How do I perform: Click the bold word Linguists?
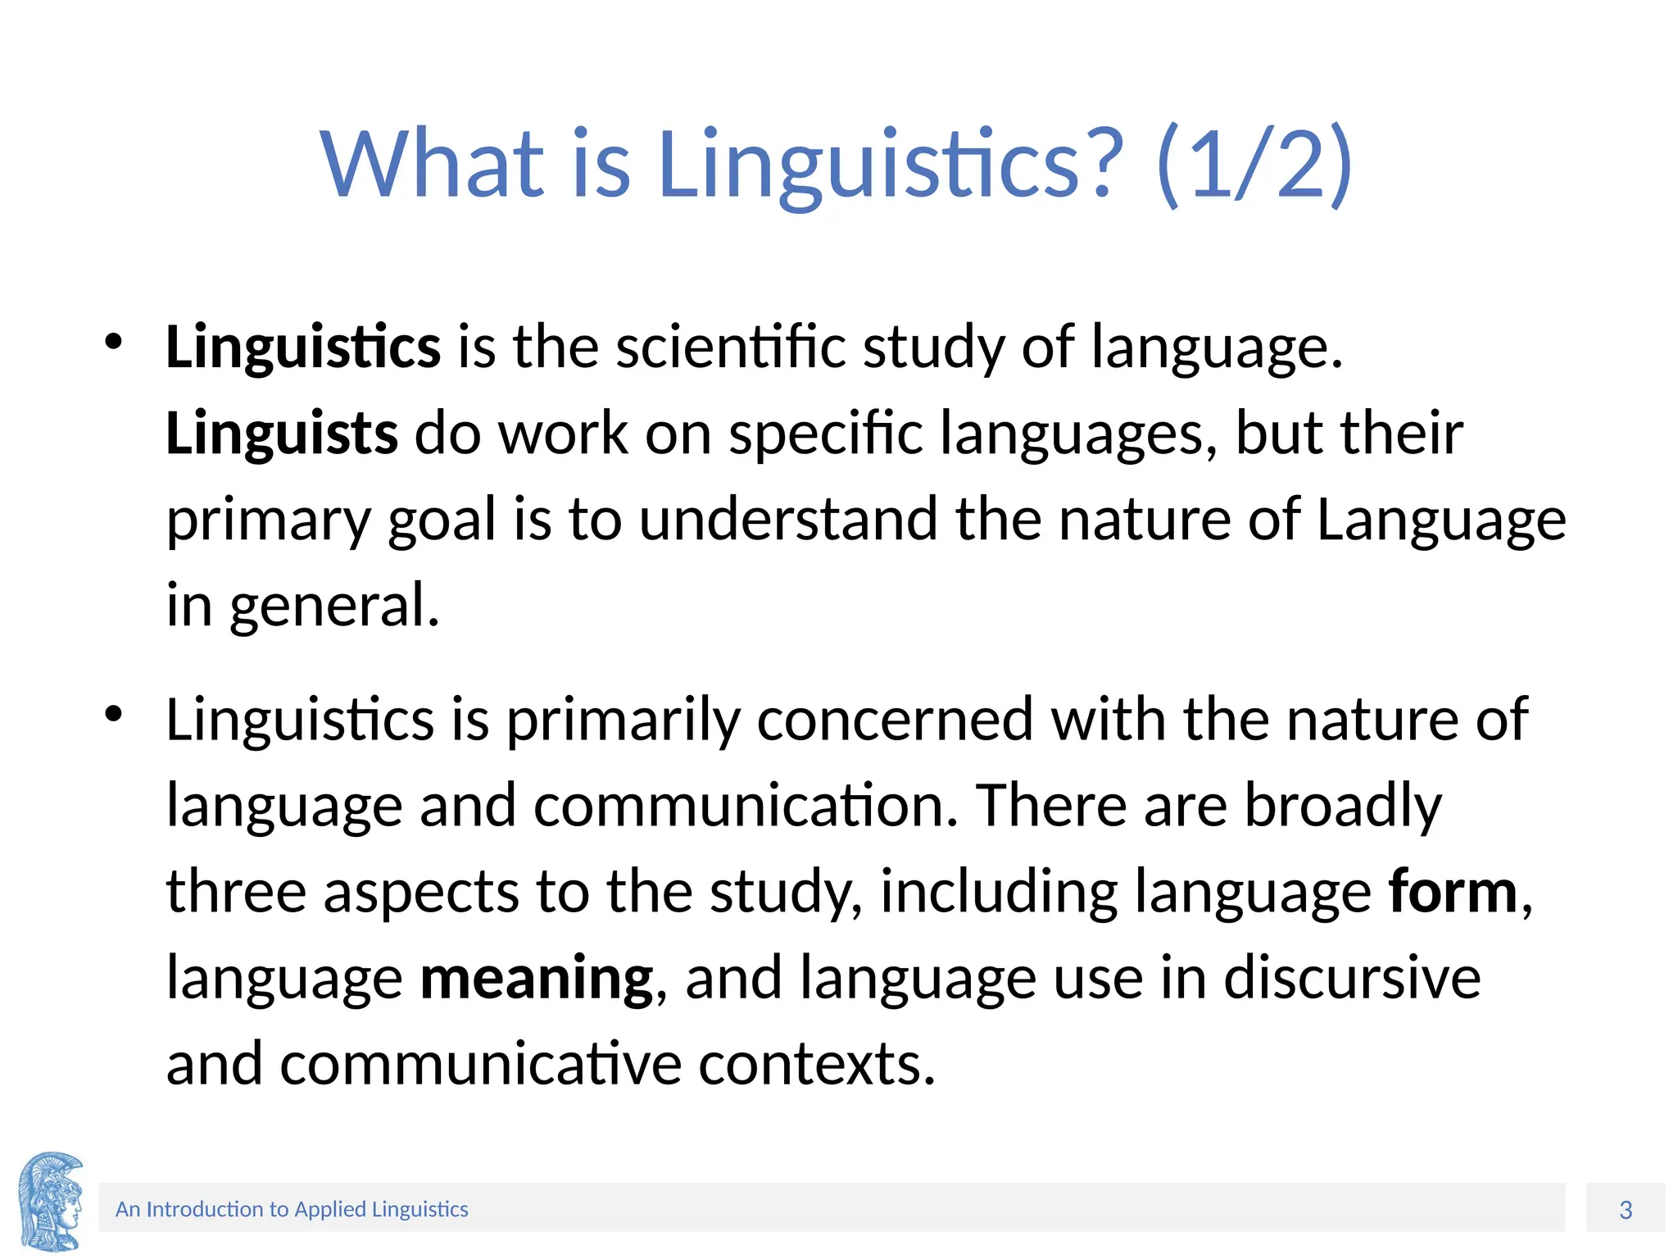coord(281,433)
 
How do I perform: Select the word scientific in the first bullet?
coord(730,347)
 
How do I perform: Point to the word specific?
coord(825,433)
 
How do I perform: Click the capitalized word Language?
coord(1440,520)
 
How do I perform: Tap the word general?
coord(334,606)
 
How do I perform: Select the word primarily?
coord(622,720)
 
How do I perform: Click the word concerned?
coord(895,720)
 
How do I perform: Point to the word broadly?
coord(1343,806)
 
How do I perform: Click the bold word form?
coord(1453,892)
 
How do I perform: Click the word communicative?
coord(481,1064)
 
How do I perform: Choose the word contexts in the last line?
coord(817,1064)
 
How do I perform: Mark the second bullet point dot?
coord(113,715)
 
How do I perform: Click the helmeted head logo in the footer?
coord(51,1202)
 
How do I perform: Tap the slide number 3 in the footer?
coord(1626,1210)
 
